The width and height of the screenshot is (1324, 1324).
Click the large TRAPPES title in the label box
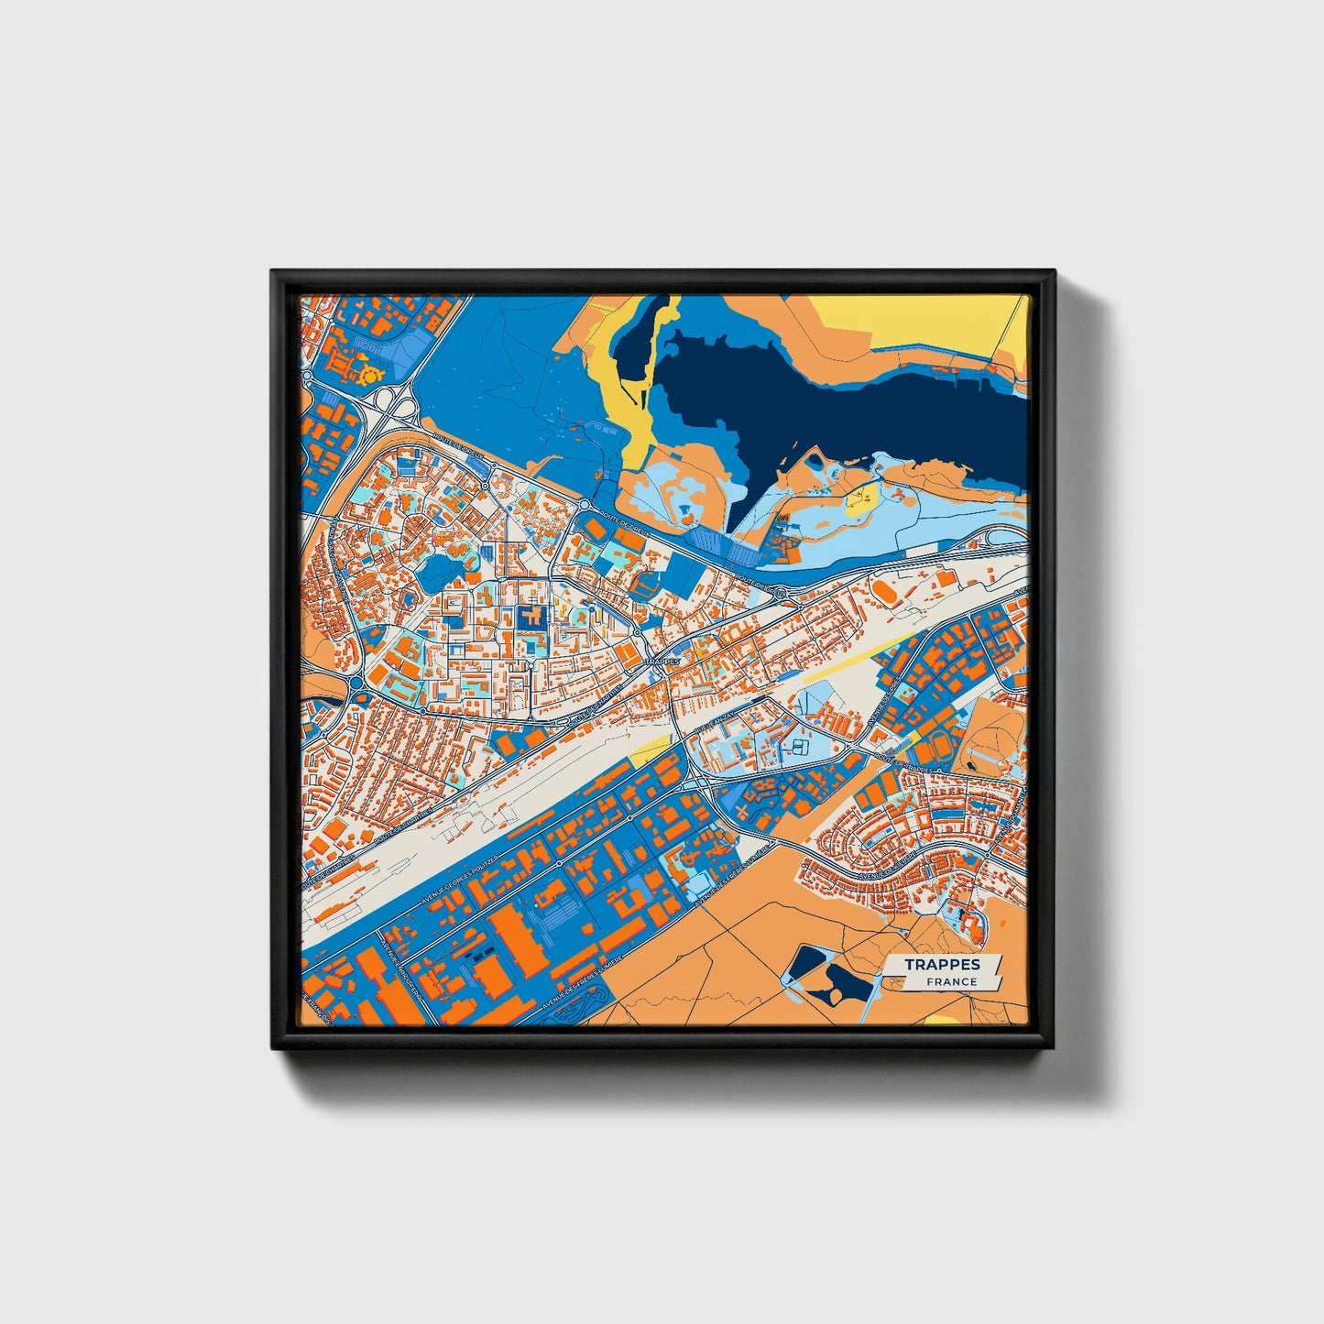point(942,964)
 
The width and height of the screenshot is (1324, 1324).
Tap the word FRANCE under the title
point(950,982)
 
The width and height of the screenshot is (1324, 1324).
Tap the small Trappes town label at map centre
point(662,660)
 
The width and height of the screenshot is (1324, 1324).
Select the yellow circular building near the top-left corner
point(371,374)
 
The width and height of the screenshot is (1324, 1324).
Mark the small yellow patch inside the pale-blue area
point(859,498)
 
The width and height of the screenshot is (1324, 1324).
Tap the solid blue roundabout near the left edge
point(356,684)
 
